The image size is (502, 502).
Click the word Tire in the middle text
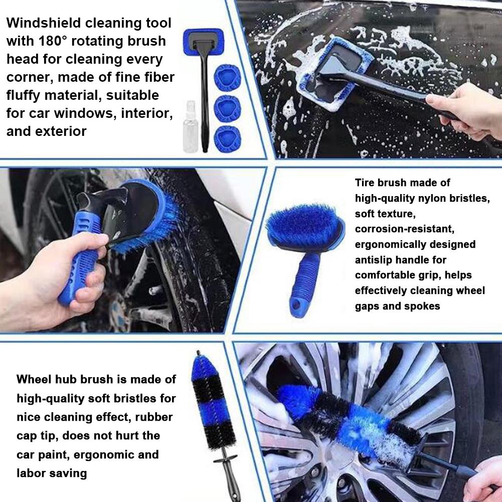tap(366, 183)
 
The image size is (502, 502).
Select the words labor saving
tap(52, 472)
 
